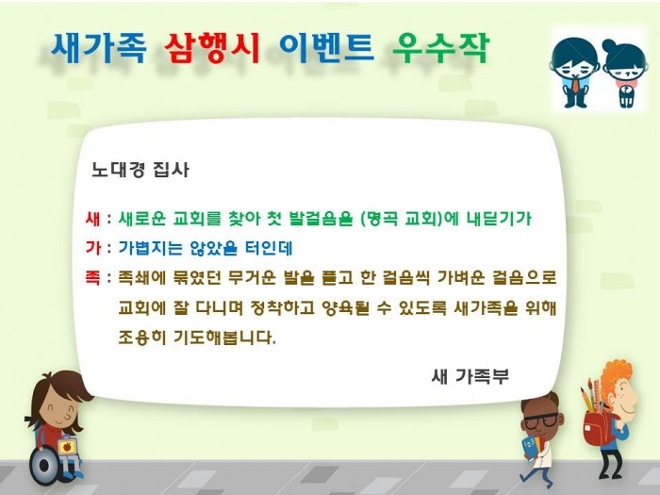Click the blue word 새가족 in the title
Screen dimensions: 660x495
99,47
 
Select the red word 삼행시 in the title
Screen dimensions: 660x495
212,48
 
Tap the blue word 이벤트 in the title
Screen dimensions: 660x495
326,47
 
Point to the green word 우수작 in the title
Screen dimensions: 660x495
440,47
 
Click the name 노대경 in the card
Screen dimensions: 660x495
118,170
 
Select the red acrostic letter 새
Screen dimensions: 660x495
92,219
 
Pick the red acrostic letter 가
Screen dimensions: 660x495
92,248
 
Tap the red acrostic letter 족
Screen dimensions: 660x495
92,278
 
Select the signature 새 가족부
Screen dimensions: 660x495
470,376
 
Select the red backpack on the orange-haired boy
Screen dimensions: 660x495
597,426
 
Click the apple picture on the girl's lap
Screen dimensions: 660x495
67,447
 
